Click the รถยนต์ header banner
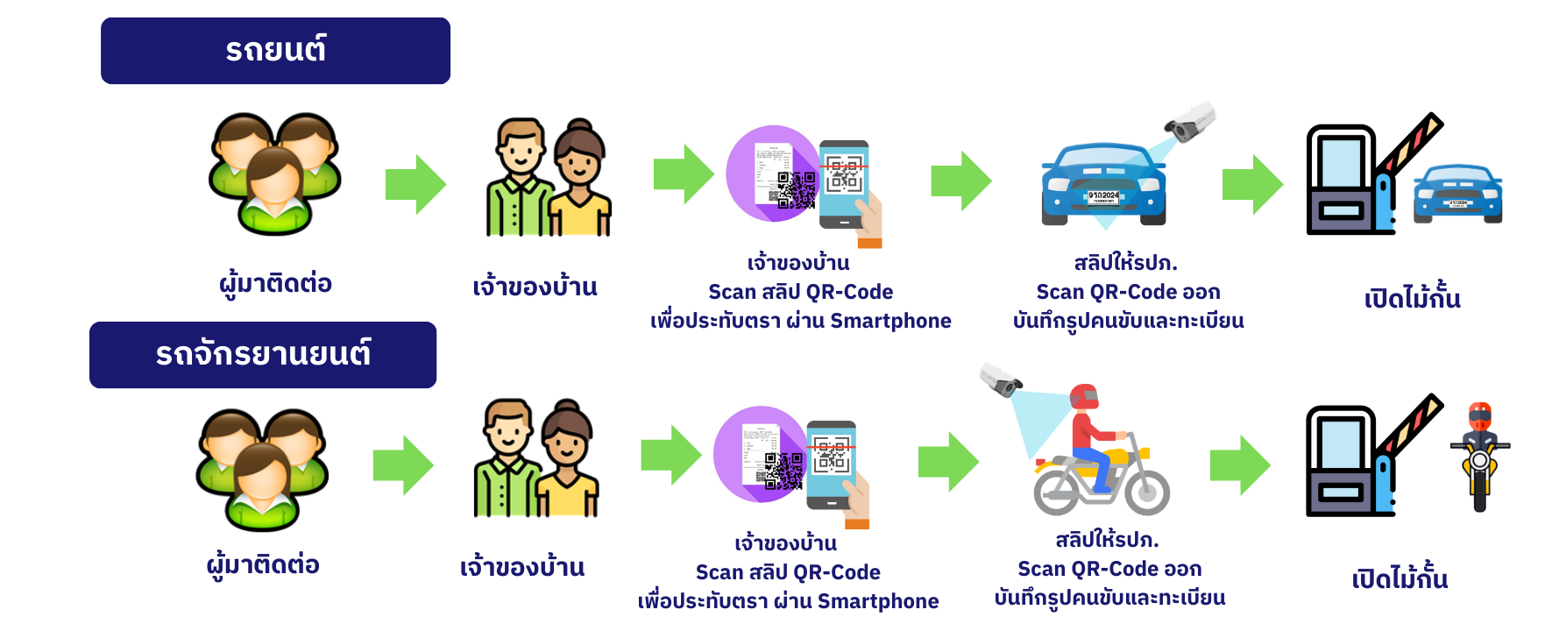click(x=275, y=51)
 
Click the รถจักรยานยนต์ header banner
click(x=263, y=355)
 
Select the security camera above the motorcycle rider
click(x=1000, y=379)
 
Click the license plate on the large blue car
click(x=1102, y=197)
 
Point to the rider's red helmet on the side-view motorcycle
click(x=1084, y=397)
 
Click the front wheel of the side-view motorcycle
click(x=1146, y=493)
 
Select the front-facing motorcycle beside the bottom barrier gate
click(x=1480, y=455)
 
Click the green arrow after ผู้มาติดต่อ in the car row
click(x=416, y=184)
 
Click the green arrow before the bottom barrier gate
click(x=1240, y=465)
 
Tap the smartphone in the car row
click(x=844, y=183)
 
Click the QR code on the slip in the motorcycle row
click(x=783, y=471)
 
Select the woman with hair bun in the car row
click(x=579, y=181)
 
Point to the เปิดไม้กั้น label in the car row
click(x=1412, y=299)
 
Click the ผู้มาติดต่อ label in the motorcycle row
click(x=263, y=564)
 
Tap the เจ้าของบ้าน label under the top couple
click(x=535, y=287)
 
